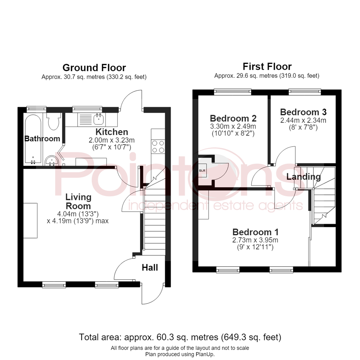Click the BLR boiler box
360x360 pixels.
click(x=202, y=171)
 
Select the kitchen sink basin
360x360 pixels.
click(x=99, y=119)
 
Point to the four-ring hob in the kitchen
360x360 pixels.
click(x=158, y=147)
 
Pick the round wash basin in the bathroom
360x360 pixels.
click(x=52, y=161)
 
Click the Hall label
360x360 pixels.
click(x=150, y=267)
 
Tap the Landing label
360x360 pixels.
click(x=304, y=177)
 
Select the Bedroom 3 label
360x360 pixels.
click(x=303, y=112)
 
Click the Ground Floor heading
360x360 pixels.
click(x=94, y=68)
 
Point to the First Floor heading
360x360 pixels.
click(x=267, y=67)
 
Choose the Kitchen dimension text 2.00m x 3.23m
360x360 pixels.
click(x=112, y=140)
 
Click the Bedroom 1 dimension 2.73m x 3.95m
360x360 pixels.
click(x=255, y=240)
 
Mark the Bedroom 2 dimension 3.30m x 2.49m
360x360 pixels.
click(x=233, y=126)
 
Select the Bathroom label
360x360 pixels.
click(x=42, y=139)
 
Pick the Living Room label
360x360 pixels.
click(x=78, y=202)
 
